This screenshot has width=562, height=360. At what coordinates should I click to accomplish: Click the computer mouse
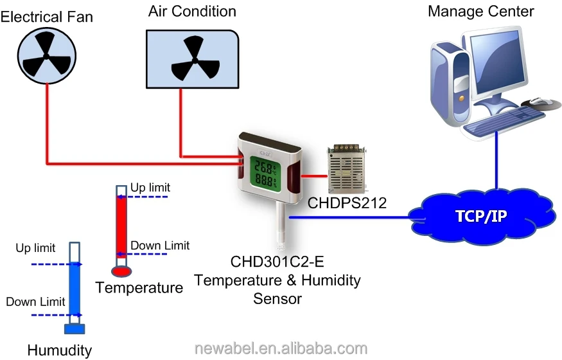coord(538,102)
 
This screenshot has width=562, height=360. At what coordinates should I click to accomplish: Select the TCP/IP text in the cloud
coord(480,215)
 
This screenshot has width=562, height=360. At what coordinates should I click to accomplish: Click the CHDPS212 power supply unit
coord(347,168)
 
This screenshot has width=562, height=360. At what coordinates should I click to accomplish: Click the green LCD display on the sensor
coord(265,172)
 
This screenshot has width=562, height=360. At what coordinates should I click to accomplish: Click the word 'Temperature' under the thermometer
coord(139,287)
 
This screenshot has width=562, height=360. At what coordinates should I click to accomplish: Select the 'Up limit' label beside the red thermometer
coord(150,187)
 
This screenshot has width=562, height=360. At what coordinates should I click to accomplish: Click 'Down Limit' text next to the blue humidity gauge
coord(35,301)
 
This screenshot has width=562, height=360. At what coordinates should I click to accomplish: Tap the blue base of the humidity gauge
coord(75,329)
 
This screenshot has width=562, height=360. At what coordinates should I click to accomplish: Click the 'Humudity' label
coord(59,350)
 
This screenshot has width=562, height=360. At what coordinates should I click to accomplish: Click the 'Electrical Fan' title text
coord(46,17)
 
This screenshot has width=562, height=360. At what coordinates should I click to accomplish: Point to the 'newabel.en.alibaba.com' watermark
coord(281,348)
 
